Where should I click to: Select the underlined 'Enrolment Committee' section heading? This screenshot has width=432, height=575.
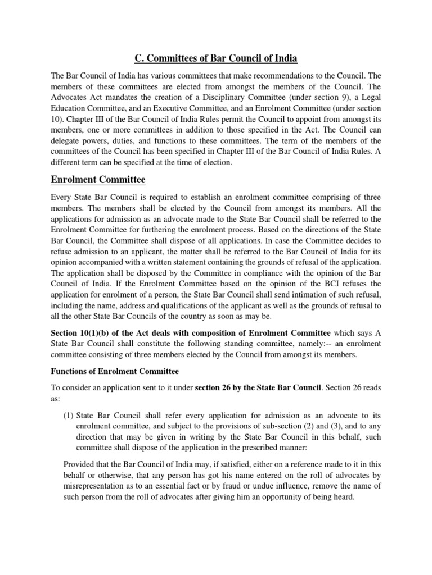[x=98, y=180]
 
